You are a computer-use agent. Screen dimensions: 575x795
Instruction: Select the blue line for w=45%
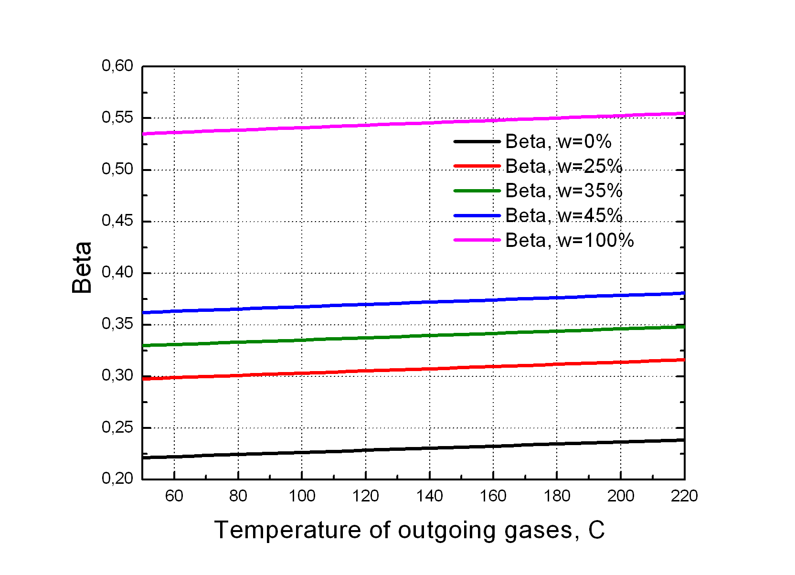[x=334, y=306]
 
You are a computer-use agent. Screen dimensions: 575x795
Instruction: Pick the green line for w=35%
[x=334, y=339]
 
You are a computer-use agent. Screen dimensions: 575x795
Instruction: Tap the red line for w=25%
[x=334, y=372]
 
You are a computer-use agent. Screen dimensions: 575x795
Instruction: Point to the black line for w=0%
[x=334, y=451]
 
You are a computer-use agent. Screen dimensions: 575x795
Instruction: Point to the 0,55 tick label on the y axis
[x=117, y=117]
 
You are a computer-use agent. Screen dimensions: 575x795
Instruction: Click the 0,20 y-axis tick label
[x=117, y=479]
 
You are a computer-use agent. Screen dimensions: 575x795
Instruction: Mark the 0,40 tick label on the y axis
[x=117, y=272]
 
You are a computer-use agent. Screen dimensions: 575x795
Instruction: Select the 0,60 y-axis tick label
[x=117, y=66]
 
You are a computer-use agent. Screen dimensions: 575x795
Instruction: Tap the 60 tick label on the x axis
[x=174, y=496]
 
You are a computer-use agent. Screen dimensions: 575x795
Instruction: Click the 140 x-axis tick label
[x=429, y=496]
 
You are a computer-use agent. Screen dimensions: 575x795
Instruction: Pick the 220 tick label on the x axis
[x=684, y=496]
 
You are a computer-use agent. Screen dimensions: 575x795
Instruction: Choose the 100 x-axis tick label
[x=302, y=496]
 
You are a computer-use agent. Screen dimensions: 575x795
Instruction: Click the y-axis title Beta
[x=82, y=267]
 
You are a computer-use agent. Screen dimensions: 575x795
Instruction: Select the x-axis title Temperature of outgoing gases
[x=409, y=530]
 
